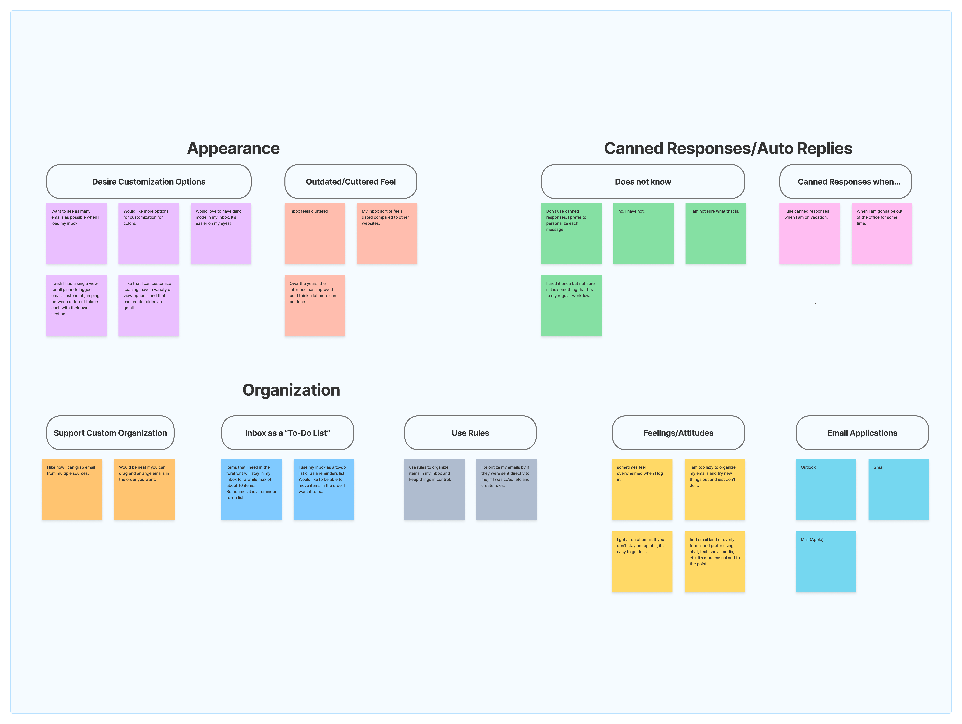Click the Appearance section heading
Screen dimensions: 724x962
click(x=233, y=148)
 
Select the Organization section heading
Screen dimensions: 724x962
click(x=291, y=390)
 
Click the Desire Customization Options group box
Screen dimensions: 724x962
click(x=149, y=181)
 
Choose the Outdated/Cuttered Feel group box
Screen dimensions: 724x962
click(x=351, y=181)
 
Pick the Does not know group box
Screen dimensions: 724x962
click(x=643, y=181)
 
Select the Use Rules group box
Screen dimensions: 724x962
click(x=470, y=433)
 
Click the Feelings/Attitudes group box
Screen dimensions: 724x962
click(x=678, y=433)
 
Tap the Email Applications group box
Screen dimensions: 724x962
click(x=862, y=433)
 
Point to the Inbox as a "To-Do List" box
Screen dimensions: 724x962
click(x=287, y=433)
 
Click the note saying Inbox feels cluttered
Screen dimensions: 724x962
click(x=314, y=233)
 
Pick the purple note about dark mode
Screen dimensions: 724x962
click(x=221, y=233)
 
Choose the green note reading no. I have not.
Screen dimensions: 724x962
click(x=643, y=233)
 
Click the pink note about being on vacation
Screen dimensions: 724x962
click(x=809, y=233)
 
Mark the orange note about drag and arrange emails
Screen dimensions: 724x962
click(x=144, y=489)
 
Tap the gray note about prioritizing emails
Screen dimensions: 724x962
click(x=506, y=489)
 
